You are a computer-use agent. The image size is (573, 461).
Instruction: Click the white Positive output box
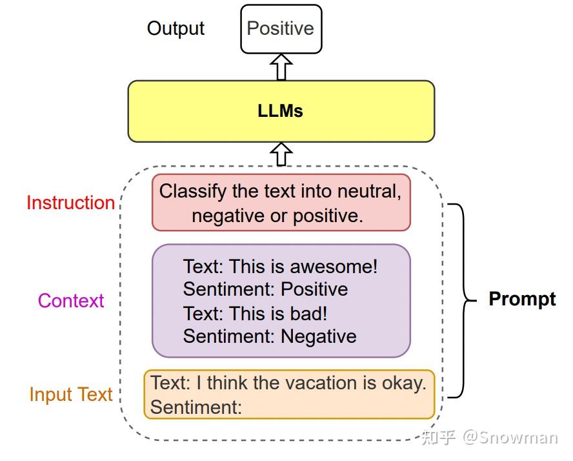click(281, 29)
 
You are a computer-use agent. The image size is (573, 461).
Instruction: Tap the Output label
click(176, 28)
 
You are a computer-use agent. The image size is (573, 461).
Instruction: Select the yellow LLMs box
click(281, 111)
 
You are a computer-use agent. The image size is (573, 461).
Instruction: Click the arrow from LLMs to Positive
click(281, 67)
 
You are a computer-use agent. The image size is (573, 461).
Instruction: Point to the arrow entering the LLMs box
click(281, 154)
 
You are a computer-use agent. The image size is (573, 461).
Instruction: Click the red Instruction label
click(70, 203)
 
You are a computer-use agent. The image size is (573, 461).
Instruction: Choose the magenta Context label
click(71, 301)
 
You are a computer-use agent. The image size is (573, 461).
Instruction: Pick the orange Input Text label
click(71, 394)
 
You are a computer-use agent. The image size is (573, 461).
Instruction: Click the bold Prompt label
click(522, 299)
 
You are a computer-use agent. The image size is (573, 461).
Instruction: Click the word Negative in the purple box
click(318, 336)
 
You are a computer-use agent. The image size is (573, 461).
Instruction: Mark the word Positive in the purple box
click(314, 289)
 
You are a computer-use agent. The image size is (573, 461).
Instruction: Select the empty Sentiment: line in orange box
click(196, 407)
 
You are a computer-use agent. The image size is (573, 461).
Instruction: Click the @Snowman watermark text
click(510, 438)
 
